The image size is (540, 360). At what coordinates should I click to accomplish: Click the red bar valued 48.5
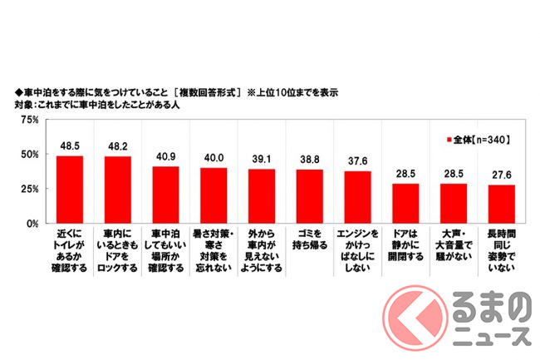click(70, 190)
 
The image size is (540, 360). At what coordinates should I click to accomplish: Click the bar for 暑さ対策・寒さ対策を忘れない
click(214, 195)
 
